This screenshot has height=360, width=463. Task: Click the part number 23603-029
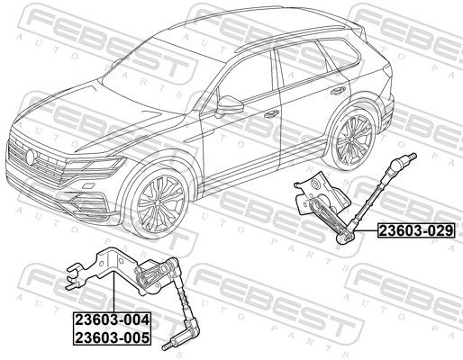pyautogui.click(x=416, y=230)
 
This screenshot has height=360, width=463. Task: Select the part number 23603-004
pyautogui.click(x=112, y=319)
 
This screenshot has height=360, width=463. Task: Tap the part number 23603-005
pyautogui.click(x=112, y=337)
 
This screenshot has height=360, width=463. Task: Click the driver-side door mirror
pyautogui.click(x=229, y=105)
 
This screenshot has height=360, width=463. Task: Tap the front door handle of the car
pyautogui.click(x=271, y=114)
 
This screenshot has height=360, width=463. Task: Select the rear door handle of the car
pyautogui.click(x=338, y=91)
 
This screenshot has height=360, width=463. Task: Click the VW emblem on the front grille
pyautogui.click(x=31, y=157)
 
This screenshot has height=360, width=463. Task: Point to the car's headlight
pyautogui.click(x=95, y=166)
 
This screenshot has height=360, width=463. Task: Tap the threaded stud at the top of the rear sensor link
pyautogui.click(x=411, y=157)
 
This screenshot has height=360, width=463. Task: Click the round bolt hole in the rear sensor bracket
pyautogui.click(x=315, y=184)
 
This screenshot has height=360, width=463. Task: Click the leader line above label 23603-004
pyautogui.click(x=114, y=292)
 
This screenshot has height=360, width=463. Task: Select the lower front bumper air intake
pyautogui.click(x=87, y=202)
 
